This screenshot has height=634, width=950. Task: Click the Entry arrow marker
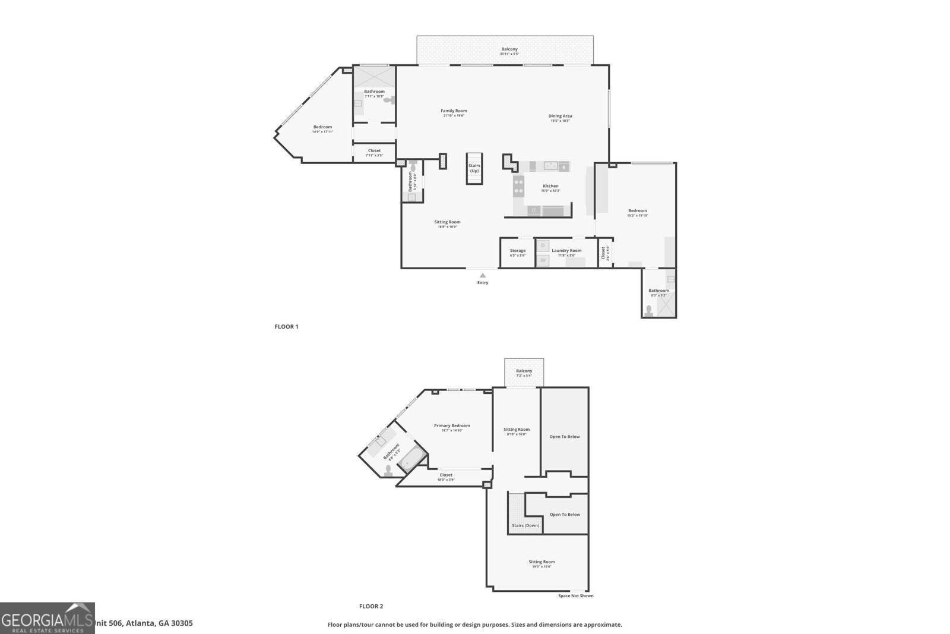pos(483,275)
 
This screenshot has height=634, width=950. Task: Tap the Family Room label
pos(454,111)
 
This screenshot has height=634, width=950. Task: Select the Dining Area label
pos(560,116)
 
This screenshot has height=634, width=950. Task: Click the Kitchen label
pos(550,186)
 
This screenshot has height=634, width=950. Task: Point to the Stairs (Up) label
pos(474,168)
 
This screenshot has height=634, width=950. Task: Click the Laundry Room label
pos(566,251)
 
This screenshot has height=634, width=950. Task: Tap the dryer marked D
pos(543,245)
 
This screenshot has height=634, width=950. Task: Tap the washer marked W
pos(543,260)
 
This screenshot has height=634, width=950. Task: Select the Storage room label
pos(517,251)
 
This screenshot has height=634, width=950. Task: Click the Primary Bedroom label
pos(452,425)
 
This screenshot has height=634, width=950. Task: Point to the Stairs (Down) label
pos(525,525)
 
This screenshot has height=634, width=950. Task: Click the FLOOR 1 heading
pos(286,326)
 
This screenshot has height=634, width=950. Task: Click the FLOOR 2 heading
pos(371,606)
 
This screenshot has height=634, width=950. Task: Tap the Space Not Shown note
pos(575,595)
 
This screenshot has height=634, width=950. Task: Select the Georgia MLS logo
pos(47,618)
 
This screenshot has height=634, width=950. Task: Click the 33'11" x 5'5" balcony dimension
pos(509,54)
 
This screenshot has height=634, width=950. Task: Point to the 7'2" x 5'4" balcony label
pos(524,373)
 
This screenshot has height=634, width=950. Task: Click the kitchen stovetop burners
pos(518,187)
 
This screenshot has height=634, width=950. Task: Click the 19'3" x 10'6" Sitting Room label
pos(541,564)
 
